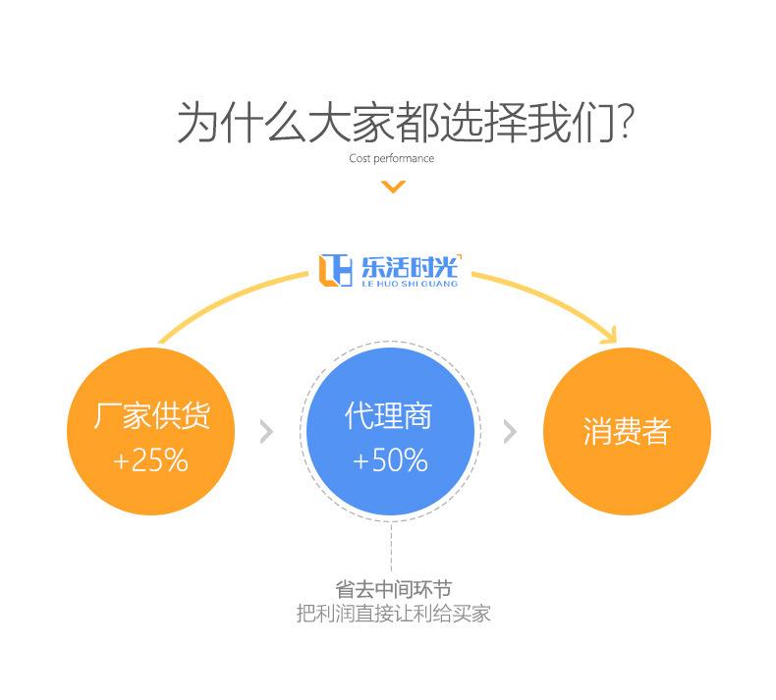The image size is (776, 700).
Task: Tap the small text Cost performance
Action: point(391,158)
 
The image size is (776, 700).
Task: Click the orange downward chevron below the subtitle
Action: point(393,187)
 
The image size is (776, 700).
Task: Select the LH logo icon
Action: point(335,269)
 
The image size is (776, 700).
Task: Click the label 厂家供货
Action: point(151,416)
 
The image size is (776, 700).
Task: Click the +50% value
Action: point(390,460)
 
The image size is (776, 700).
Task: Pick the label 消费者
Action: point(626,432)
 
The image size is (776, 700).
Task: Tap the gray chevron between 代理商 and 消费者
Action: point(509,432)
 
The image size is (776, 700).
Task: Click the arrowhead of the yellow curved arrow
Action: point(608,335)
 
